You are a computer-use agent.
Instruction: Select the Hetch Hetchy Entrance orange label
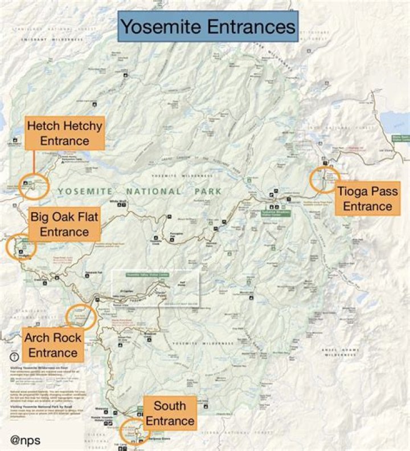[65, 133]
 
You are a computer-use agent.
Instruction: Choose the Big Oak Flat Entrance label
[64, 224]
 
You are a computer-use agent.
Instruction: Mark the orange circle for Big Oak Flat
[21, 247]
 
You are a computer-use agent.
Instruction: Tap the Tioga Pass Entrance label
[367, 198]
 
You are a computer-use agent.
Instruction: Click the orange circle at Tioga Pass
[325, 179]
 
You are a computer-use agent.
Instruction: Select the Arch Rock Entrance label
[52, 345]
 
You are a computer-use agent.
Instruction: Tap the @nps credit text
[26, 440]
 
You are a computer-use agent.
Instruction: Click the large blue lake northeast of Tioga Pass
[395, 120]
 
